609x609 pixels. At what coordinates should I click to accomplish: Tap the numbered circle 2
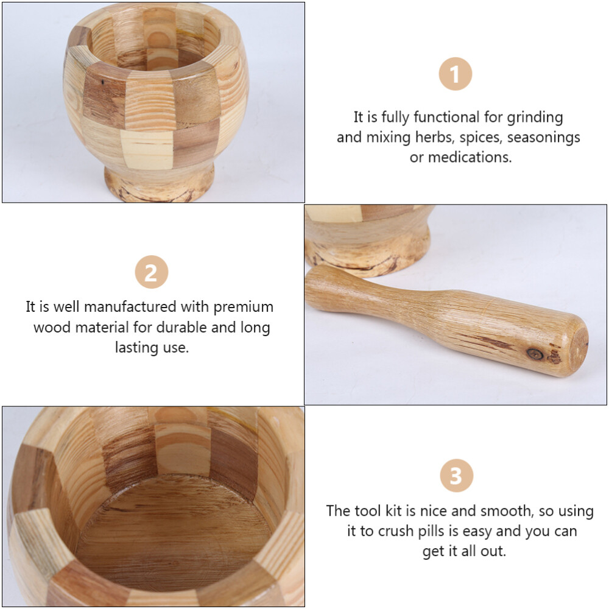tap(151, 272)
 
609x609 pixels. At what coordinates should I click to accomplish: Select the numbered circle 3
tap(456, 476)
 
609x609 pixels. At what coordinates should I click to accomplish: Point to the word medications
tap(470, 157)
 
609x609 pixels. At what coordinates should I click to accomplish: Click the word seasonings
tap(544, 137)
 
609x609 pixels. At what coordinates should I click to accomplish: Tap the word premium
tap(243, 306)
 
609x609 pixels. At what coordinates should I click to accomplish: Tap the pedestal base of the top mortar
tap(160, 183)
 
